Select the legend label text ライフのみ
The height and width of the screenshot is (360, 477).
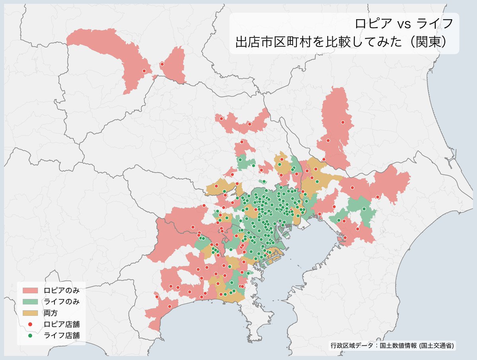(x=62, y=302)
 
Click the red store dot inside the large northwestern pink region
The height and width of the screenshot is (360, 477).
(x=144, y=71)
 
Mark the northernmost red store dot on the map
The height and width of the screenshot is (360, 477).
(x=162, y=64)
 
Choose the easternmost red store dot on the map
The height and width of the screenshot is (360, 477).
(x=377, y=197)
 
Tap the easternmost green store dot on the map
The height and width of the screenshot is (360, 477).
(x=364, y=209)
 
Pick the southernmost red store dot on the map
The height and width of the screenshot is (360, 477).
(x=170, y=306)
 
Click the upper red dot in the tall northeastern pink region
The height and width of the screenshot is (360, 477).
(x=343, y=123)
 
